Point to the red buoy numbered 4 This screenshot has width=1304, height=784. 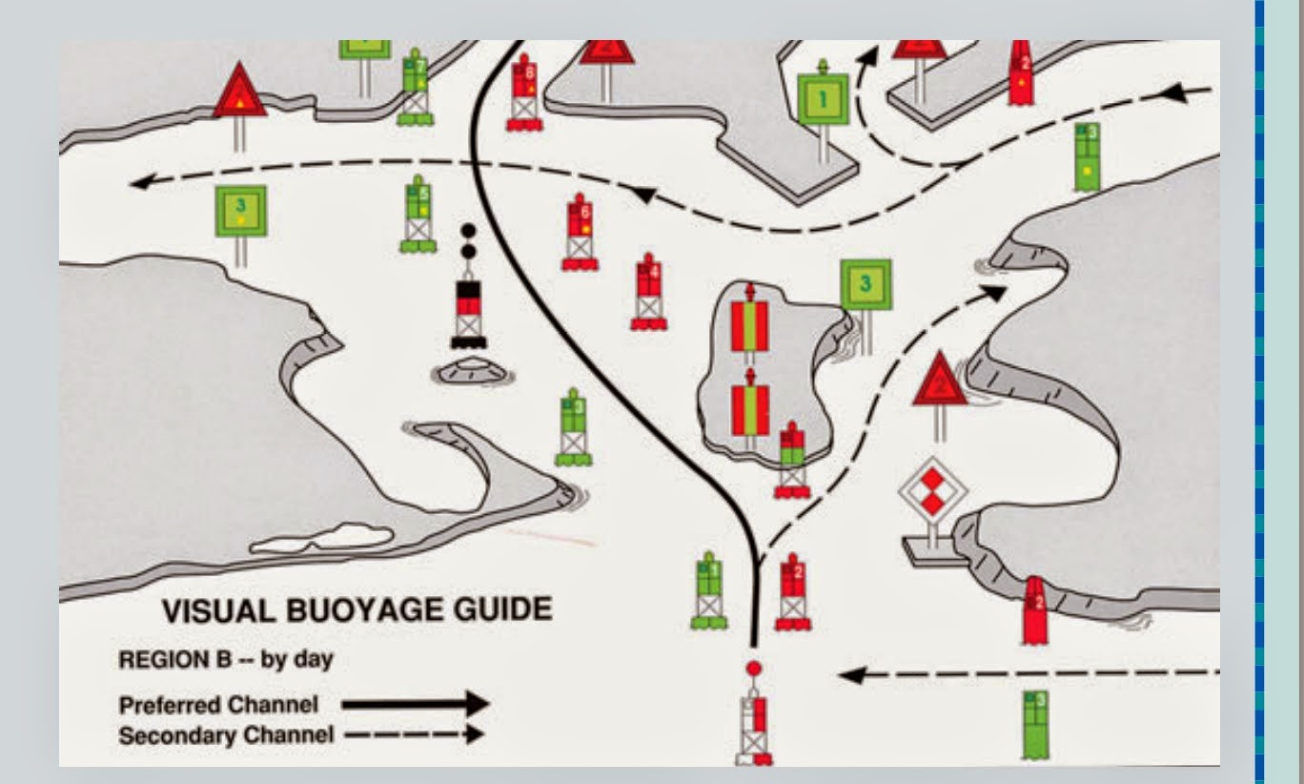tap(648, 292)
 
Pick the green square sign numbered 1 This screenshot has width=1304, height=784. tap(823, 97)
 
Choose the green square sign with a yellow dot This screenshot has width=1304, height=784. tap(240, 211)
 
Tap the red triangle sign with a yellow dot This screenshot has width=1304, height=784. tap(239, 95)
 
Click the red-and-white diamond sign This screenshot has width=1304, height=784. tap(932, 494)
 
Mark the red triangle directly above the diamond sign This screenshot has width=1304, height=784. tap(940, 382)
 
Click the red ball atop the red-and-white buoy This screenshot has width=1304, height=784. tap(754, 669)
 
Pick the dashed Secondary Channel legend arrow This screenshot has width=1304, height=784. tap(414, 734)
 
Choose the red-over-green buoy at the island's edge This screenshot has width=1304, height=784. tap(790, 460)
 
